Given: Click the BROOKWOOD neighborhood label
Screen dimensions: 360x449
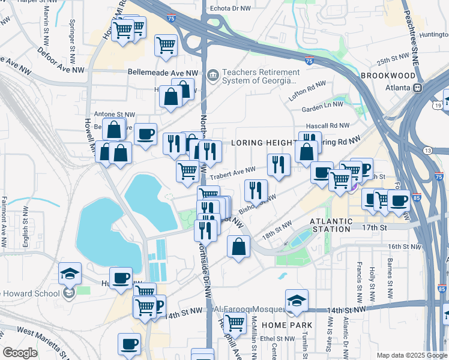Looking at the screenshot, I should pos(387,76).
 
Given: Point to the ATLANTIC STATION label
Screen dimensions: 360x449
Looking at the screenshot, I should pos(330,225).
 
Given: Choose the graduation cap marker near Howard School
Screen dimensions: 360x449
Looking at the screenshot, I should pos(70,273).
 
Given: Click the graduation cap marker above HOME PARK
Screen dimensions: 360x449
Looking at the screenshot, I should pos(297,299).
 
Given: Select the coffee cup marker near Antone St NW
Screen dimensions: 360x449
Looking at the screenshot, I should pos(145,134).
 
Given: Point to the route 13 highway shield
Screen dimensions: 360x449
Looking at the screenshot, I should pos(427,150).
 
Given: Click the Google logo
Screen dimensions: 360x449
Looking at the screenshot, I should pos(20,353).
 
